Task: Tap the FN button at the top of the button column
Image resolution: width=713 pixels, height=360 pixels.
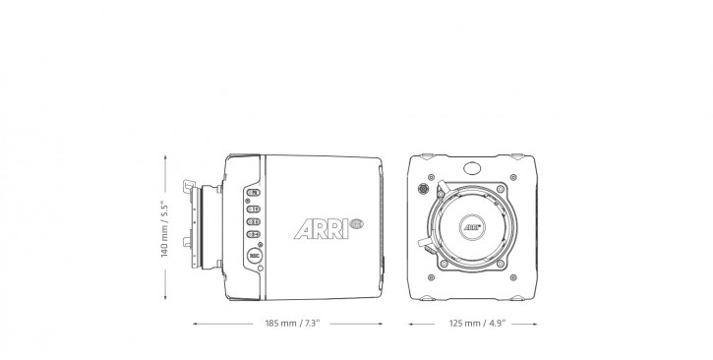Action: click(254, 193)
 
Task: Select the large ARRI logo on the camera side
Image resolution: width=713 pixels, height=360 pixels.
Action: click(315, 229)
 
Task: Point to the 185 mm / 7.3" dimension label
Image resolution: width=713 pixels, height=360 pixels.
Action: click(292, 322)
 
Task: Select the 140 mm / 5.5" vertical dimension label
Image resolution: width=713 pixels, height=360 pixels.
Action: click(165, 228)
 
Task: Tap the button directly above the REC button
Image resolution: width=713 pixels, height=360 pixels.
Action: click(254, 236)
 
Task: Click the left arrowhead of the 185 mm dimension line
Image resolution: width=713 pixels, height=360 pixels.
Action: click(196, 322)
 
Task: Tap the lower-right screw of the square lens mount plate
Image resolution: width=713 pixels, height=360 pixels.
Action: click(506, 262)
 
